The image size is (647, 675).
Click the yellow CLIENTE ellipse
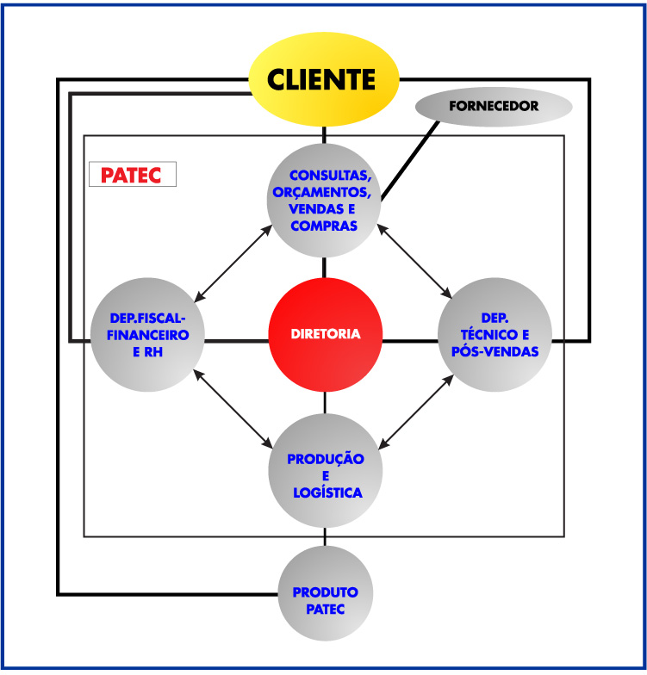324,80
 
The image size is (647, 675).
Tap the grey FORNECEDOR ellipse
494,107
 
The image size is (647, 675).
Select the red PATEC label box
133,175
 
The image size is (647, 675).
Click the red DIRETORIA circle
325,334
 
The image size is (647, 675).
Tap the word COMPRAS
324,226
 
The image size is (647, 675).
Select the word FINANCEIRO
148,334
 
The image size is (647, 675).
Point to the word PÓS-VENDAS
495,351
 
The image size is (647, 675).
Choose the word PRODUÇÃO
326,459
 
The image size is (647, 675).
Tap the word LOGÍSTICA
326,492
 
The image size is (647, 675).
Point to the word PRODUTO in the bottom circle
325,592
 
